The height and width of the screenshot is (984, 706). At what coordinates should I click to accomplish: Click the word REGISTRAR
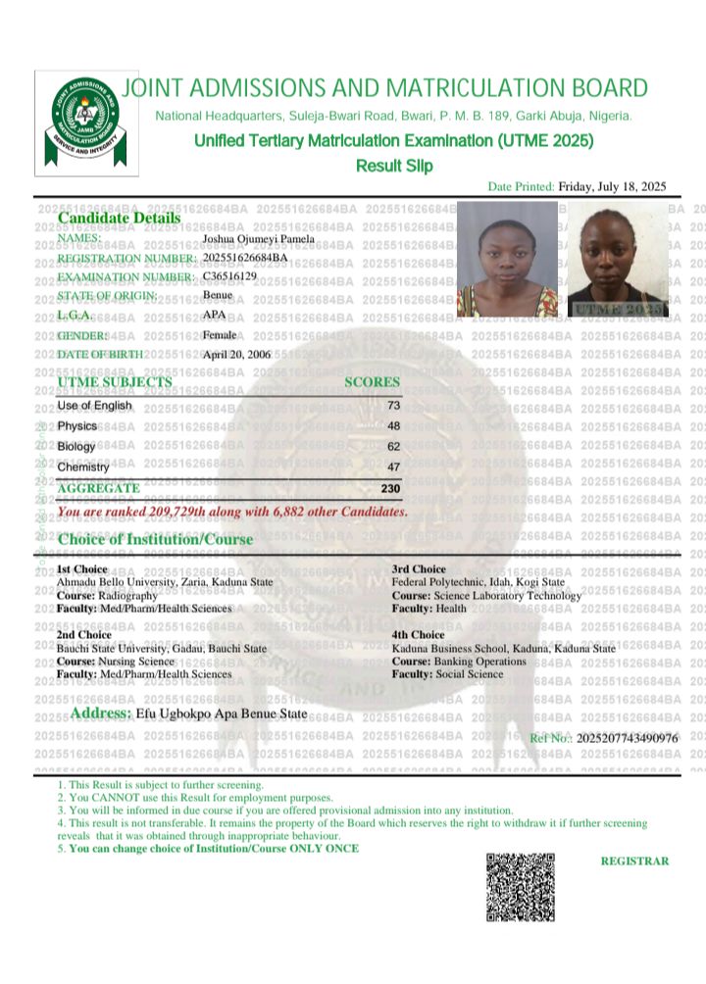pyautogui.click(x=634, y=861)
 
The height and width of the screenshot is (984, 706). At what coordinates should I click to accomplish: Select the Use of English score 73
pyautogui.click(x=393, y=405)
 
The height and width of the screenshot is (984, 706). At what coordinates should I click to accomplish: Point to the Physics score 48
pyautogui.click(x=393, y=426)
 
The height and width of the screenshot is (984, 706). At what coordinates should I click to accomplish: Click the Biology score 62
pyautogui.click(x=393, y=447)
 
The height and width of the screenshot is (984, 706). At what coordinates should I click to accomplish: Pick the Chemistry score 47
pyautogui.click(x=393, y=467)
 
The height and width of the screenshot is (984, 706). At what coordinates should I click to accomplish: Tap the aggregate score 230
pyautogui.click(x=391, y=488)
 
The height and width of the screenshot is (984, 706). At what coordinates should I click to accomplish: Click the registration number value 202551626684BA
pyautogui.click(x=245, y=258)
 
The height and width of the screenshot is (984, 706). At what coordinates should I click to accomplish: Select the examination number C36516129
pyautogui.click(x=230, y=276)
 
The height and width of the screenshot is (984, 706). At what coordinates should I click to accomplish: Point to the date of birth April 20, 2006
pyautogui.click(x=236, y=354)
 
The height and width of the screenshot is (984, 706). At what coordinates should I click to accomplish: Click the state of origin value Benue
pyautogui.click(x=218, y=295)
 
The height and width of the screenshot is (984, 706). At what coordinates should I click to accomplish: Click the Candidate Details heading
pyautogui.click(x=119, y=218)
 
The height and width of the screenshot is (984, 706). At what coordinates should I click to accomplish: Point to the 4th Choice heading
pyautogui.click(x=419, y=635)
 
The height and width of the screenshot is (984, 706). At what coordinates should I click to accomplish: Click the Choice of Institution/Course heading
pyautogui.click(x=155, y=539)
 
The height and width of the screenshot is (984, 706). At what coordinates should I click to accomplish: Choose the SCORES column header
pyautogui.click(x=373, y=382)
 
